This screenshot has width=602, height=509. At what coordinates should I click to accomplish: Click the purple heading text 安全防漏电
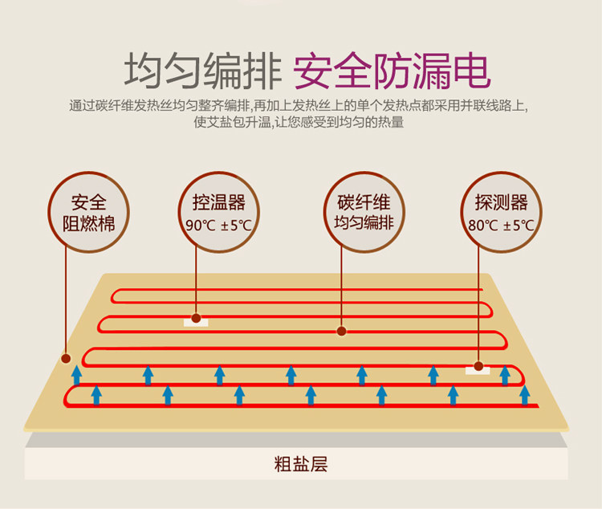(392, 71)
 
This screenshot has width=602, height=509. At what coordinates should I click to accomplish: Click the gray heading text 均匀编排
(200, 71)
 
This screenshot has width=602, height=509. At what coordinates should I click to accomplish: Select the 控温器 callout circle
(218, 212)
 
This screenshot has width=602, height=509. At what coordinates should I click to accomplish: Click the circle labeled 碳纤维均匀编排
(364, 212)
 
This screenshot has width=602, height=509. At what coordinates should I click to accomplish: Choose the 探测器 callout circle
(501, 212)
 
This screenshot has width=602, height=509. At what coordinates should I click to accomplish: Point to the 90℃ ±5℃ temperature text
(218, 226)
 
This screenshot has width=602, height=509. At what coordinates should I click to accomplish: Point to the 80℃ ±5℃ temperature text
(501, 226)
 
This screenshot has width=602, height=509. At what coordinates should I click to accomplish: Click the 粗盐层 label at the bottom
(301, 464)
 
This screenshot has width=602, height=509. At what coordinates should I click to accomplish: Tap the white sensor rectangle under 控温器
(196, 321)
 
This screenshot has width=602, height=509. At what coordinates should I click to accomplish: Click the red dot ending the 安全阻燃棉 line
(66, 358)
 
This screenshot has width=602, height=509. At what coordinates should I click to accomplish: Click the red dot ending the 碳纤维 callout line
(341, 330)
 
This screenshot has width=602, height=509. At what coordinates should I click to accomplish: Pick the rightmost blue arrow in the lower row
(524, 394)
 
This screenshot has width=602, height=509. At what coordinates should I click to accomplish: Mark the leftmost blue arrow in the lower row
(96, 394)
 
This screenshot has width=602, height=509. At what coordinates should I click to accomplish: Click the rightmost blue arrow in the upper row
(505, 374)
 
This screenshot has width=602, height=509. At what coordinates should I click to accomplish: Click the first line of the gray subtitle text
(299, 106)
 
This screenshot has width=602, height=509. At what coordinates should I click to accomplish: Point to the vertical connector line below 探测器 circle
(478, 305)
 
